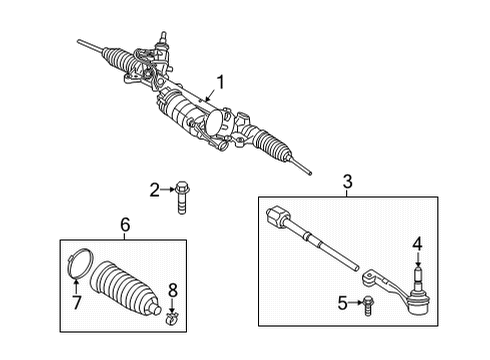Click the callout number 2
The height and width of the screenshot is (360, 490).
(x=155, y=188)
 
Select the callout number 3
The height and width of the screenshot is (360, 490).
(x=347, y=181)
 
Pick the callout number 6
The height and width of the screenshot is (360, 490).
(x=124, y=227)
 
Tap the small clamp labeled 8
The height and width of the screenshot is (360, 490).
(x=173, y=320)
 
